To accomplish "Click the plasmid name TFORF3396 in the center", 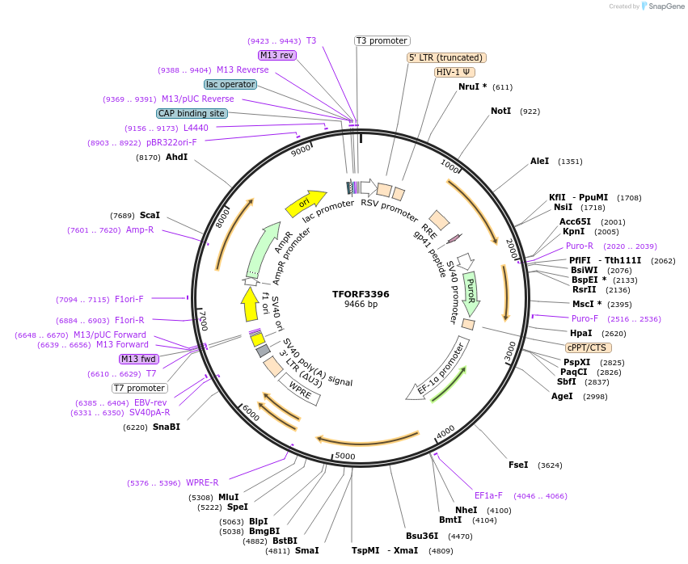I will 361,294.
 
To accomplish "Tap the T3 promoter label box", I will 382,40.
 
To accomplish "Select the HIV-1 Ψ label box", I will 454,72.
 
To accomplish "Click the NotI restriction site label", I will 500,111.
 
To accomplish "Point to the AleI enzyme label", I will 539,161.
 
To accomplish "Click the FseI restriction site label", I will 518,465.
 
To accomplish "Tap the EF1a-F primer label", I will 488,495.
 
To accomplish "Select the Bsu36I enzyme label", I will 422,536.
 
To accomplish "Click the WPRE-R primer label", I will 202,483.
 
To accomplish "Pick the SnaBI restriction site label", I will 166,427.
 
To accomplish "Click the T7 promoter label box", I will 140,388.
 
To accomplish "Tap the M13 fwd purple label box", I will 139,359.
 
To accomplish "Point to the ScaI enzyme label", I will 150,216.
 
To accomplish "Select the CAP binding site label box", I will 192,114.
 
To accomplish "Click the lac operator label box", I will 230,84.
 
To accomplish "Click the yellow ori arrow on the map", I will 306,203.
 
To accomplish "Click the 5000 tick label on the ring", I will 345,457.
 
